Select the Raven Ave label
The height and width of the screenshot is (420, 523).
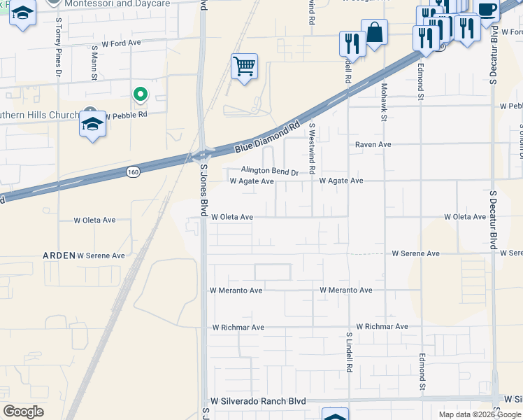point(373,144)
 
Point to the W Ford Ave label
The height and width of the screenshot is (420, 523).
point(121,43)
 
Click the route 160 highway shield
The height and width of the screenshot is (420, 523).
point(134,171)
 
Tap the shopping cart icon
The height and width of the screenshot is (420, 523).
point(244,67)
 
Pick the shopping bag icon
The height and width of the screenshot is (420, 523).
point(374,32)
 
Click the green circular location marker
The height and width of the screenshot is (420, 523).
point(141,93)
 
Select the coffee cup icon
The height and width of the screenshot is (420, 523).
point(487,10)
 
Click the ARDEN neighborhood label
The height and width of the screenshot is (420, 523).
point(59,255)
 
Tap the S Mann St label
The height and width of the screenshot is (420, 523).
point(94,63)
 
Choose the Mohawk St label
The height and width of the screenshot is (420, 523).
point(384,102)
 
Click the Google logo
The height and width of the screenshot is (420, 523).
point(23,411)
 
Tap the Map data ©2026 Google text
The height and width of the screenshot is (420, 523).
point(480,414)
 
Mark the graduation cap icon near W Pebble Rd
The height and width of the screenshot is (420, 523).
point(92,125)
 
